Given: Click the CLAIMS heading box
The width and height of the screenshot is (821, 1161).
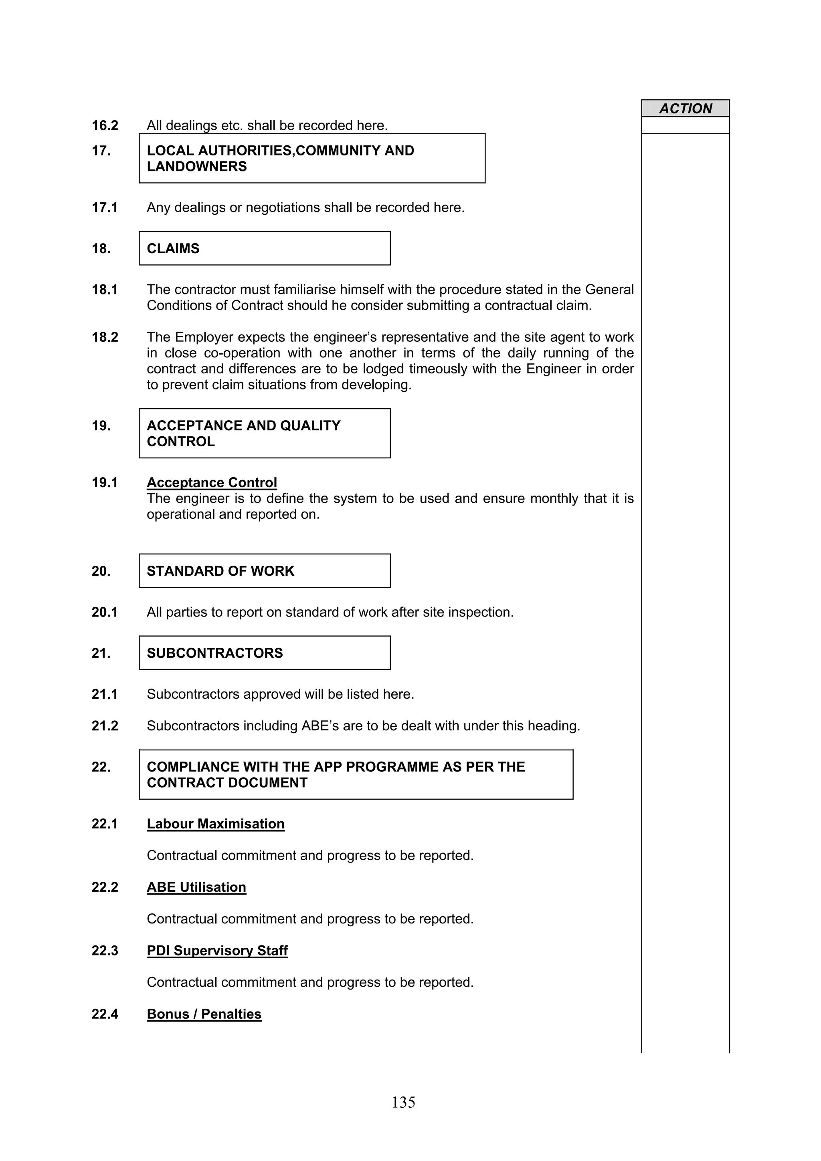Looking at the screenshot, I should pos(265,248).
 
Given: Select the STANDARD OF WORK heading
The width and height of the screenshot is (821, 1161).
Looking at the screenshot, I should pos(220,571).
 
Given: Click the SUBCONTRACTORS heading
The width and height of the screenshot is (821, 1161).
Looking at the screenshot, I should pos(214,653).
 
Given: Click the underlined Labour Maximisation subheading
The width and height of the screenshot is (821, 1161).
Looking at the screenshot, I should pos(216,824).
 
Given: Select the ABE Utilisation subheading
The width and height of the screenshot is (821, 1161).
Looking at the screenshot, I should pos(196,887).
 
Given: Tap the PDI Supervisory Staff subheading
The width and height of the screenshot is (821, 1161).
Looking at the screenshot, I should pos(217,951).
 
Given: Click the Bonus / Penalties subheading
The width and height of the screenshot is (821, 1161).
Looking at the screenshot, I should pos(204,1014).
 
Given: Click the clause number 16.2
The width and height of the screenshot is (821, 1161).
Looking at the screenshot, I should pos(105,125).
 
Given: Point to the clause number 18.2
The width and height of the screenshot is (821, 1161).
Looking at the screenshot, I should pos(105,337).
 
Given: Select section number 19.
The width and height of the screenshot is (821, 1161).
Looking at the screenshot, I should pos(101,426).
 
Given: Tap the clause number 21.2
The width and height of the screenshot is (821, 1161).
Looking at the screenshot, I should pos(105,726).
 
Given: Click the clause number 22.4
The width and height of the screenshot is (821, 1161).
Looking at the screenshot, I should pos(105,1014).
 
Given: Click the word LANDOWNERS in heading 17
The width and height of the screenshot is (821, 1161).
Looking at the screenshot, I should pos(197,166).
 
